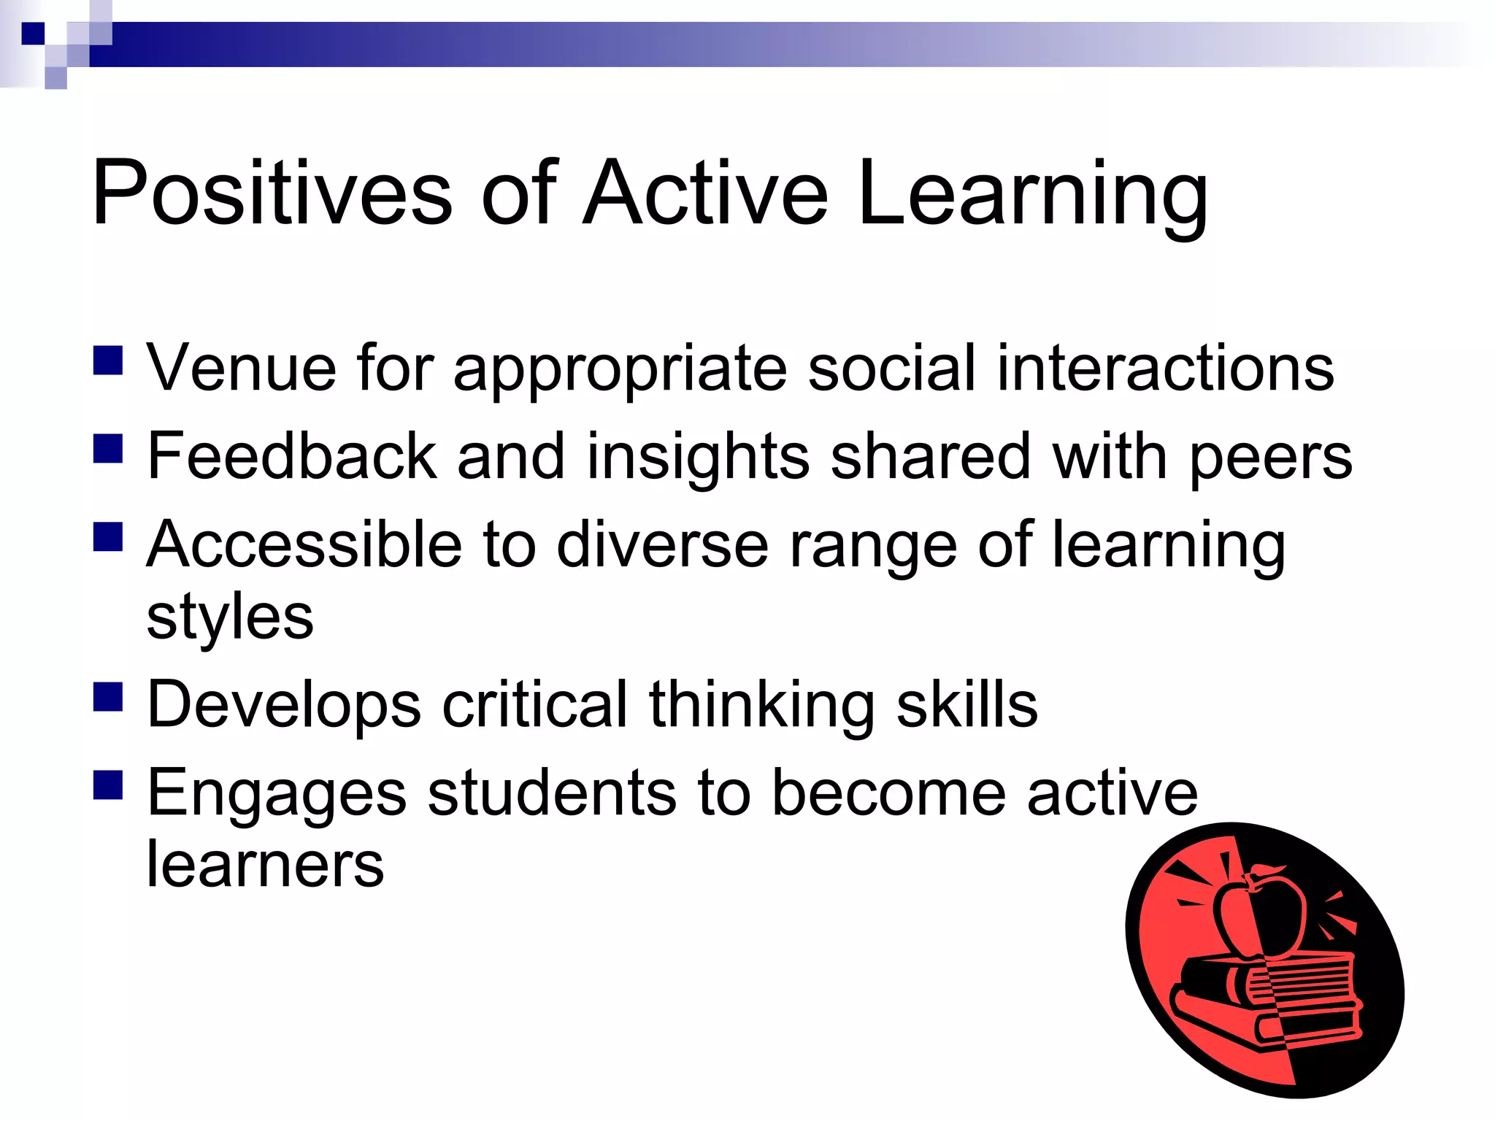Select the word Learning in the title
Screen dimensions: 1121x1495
click(1032, 196)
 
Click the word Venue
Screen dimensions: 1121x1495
click(241, 368)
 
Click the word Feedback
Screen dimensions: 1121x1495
click(291, 456)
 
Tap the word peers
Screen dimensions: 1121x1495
click(1271, 460)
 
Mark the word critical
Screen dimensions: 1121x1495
click(535, 704)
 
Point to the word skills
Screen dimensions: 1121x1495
click(966, 704)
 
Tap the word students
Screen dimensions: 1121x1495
click(552, 793)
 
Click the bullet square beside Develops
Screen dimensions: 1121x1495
click(108, 696)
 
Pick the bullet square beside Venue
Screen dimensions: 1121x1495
click(108, 361)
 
